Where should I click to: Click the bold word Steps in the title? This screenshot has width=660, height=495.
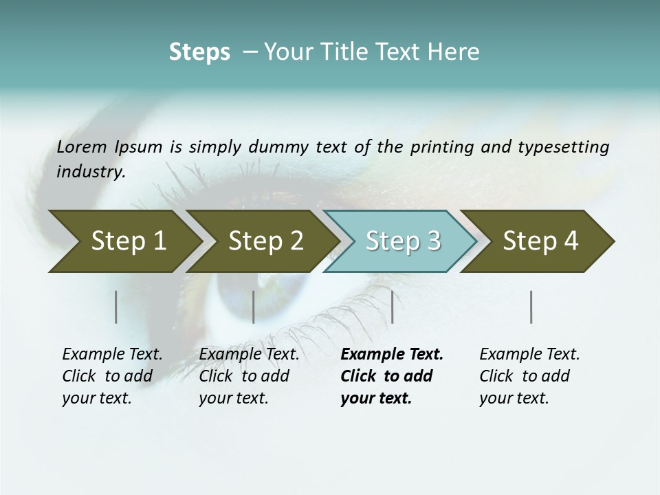[199, 52]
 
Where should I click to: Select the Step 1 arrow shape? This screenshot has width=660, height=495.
[124, 241]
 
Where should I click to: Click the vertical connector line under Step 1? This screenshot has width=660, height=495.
[116, 307]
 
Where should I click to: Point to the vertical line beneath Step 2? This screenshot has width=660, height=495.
[254, 307]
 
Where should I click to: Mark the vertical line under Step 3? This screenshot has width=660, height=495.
[392, 307]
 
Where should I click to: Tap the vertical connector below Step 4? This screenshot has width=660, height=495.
[531, 307]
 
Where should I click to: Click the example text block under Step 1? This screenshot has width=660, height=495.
[112, 376]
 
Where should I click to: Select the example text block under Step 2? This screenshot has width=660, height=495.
[249, 376]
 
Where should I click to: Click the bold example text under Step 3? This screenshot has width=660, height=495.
[392, 376]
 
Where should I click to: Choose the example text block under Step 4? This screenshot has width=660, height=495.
[529, 376]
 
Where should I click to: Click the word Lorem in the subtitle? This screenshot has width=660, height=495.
[82, 147]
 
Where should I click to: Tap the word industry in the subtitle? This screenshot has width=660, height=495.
[90, 172]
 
